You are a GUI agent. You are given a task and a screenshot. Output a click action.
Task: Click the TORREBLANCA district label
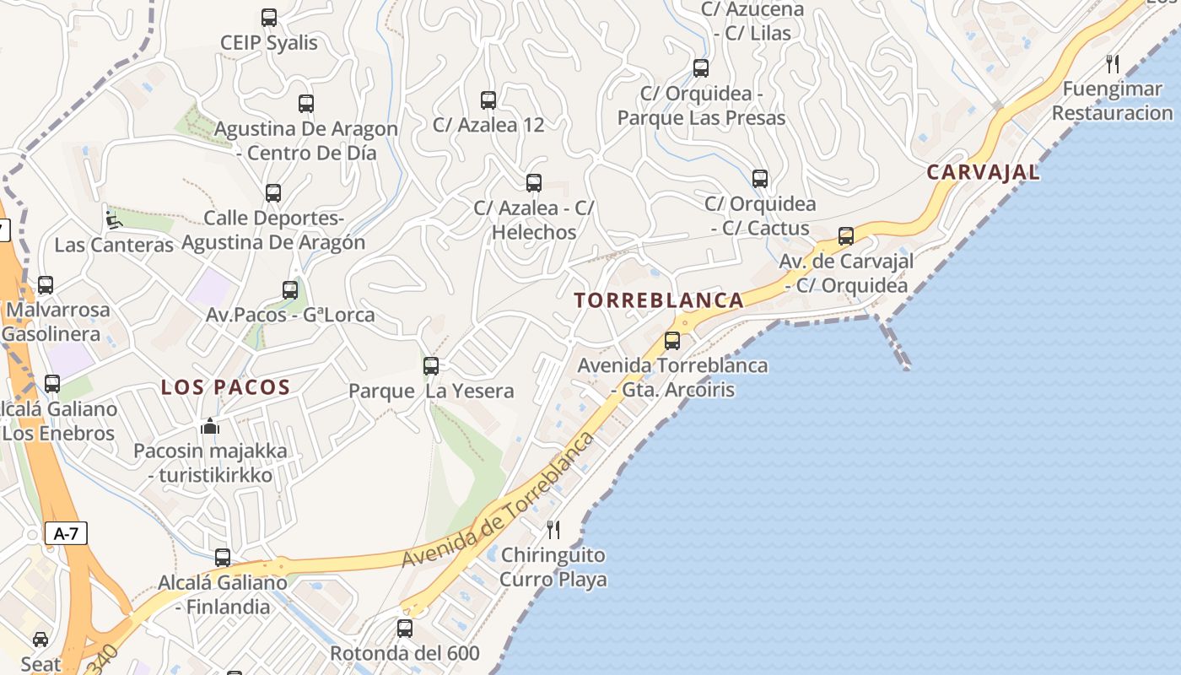[659, 300]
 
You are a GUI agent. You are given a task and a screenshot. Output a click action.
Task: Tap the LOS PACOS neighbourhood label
[226, 388]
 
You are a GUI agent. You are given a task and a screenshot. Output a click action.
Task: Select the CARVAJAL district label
[983, 173]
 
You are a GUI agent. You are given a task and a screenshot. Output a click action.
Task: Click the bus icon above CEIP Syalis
[269, 18]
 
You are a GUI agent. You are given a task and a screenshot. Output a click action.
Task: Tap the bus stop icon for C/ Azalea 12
[488, 100]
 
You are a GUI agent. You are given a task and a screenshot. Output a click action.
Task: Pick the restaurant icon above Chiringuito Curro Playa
[553, 530]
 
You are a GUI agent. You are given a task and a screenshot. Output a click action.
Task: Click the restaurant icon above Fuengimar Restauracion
[1113, 64]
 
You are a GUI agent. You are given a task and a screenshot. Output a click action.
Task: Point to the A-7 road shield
[66, 533]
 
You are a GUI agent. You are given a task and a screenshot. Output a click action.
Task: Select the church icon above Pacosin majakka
[210, 426]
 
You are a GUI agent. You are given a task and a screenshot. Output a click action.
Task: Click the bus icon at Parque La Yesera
[431, 366]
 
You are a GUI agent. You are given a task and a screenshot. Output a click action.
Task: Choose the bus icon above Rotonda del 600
[405, 629]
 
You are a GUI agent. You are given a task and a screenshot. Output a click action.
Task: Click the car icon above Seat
[40, 639]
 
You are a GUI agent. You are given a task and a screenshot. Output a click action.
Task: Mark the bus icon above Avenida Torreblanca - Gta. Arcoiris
[672, 341]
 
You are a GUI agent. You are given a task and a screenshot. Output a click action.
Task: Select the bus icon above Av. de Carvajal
[846, 236]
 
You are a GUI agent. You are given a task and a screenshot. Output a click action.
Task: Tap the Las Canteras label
[114, 246]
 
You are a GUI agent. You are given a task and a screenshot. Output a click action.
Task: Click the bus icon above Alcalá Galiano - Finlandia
[223, 558]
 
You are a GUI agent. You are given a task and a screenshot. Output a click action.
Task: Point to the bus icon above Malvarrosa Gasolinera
[46, 285]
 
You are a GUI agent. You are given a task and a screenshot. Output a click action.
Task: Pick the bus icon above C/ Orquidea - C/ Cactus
[760, 179]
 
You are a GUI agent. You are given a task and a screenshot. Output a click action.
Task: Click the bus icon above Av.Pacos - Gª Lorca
[290, 290]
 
